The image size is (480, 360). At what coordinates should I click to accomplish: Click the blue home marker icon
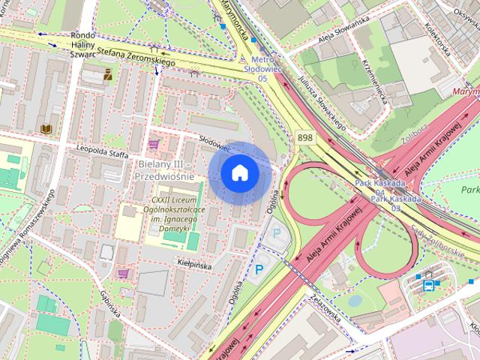(x=239, y=173)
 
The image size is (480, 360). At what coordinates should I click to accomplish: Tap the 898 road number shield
(x=304, y=138)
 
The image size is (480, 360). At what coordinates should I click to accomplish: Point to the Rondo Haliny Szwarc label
(x=82, y=44)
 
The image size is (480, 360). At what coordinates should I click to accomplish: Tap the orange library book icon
(x=47, y=128)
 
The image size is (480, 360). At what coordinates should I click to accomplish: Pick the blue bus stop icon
(x=428, y=284)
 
